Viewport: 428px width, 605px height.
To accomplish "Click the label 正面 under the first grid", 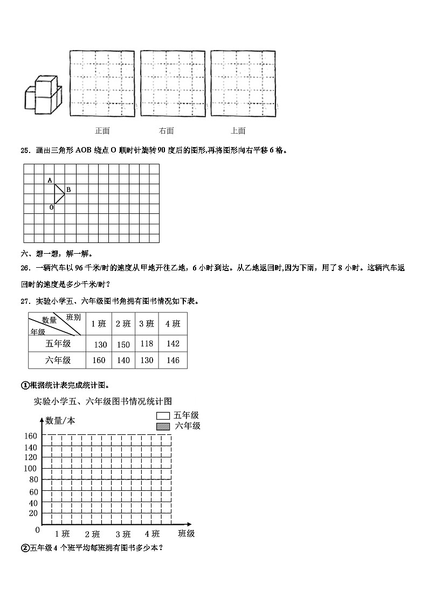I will point(102,130).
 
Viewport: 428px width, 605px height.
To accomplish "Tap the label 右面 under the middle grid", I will point(166,130).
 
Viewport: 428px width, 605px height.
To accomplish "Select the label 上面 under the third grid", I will point(238,130).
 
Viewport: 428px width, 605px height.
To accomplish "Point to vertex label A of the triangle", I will point(50,180).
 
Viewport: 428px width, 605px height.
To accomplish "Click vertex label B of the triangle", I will point(68,189).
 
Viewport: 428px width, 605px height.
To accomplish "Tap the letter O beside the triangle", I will point(51,207).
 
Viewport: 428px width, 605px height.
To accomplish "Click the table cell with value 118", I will point(146,344).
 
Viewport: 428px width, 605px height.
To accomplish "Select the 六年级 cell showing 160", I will point(99,360).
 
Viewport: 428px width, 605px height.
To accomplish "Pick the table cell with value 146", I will point(172,360).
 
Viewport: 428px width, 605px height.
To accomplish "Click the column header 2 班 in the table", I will point(123,324).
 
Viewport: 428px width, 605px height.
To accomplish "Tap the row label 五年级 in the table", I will point(58,343).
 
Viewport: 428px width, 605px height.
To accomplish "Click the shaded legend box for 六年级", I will point(163,426).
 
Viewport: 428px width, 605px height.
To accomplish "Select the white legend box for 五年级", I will point(163,416).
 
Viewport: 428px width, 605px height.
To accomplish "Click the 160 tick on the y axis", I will point(30,435).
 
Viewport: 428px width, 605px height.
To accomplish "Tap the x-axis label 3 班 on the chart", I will point(123,534).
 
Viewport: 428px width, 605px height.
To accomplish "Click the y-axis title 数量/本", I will point(60,421).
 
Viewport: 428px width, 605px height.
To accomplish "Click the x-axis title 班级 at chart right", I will point(186,533).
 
